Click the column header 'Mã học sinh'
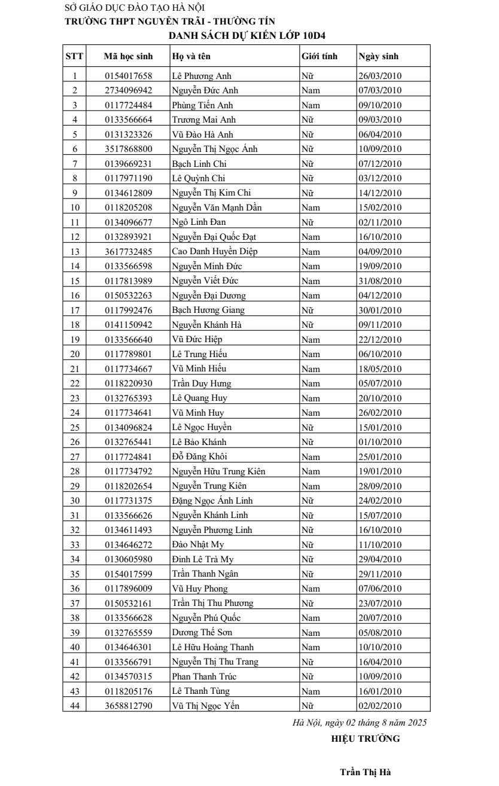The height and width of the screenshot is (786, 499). click(128, 57)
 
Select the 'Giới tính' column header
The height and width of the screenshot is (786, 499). click(320, 57)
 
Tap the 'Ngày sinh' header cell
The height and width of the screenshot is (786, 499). click(378, 57)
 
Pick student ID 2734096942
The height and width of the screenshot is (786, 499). click(128, 91)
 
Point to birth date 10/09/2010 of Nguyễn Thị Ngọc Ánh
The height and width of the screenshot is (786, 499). click(380, 150)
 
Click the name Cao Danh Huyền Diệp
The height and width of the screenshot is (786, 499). click(214, 252)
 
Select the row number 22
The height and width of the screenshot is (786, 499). click(75, 383)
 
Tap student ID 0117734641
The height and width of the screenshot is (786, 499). click(128, 413)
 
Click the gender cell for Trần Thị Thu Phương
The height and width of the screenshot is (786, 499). click(311, 603)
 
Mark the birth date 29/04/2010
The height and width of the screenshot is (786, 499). click(380, 559)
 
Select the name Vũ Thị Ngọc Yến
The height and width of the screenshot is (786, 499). click(205, 706)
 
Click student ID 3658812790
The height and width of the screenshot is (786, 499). click(128, 706)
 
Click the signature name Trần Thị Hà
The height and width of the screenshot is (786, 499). click(365, 772)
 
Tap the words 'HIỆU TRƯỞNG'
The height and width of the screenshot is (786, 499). click(365, 739)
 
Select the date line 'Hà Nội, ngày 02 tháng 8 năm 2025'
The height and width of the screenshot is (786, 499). click(359, 723)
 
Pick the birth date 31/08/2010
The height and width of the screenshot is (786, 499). click(380, 281)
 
